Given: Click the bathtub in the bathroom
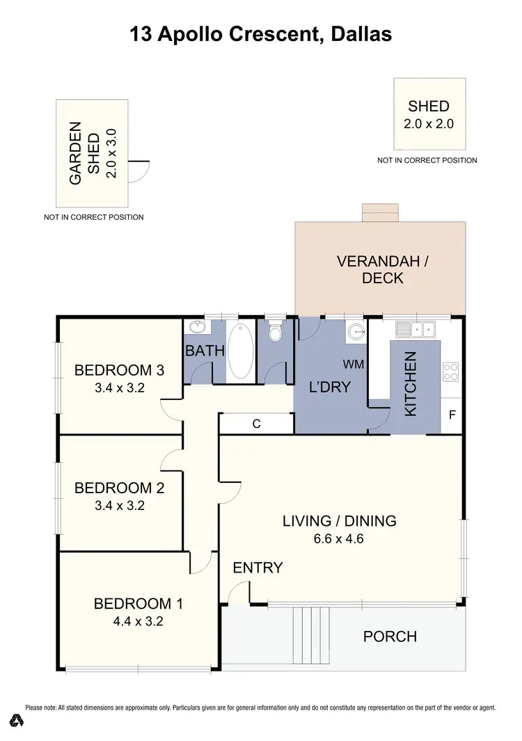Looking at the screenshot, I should (x=240, y=351).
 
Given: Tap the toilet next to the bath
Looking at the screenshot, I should (x=276, y=333).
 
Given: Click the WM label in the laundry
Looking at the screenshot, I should (x=354, y=364).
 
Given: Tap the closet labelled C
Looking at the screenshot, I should (x=256, y=423).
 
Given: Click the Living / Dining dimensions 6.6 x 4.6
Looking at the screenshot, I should (x=339, y=538).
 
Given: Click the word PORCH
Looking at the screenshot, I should (x=390, y=636).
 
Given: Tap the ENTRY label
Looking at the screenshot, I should (x=258, y=568).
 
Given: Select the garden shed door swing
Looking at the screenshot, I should (x=141, y=170).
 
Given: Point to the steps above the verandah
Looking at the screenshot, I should (x=380, y=212).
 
